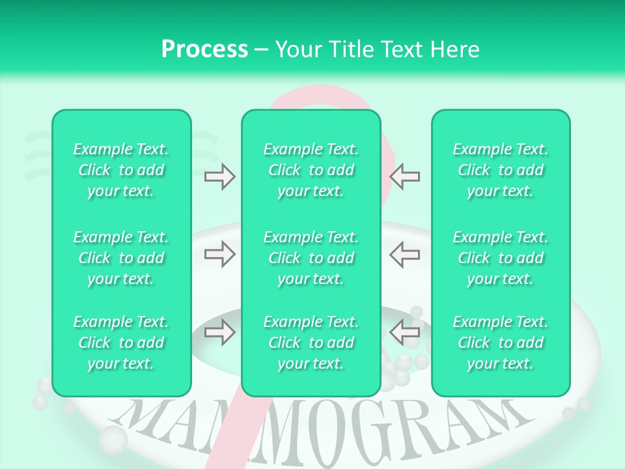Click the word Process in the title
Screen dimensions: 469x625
click(x=204, y=50)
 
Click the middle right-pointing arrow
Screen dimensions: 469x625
click(x=219, y=254)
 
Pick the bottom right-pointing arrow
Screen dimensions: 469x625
click(x=219, y=332)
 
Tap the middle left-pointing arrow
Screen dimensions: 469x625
click(x=405, y=254)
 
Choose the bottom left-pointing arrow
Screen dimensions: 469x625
click(x=405, y=332)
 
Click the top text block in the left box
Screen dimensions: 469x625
click(x=121, y=170)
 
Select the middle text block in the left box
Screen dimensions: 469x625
click(x=121, y=258)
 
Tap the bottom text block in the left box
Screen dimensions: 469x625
click(x=121, y=343)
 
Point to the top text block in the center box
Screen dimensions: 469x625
click(x=311, y=170)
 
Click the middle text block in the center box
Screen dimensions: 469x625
click(x=311, y=258)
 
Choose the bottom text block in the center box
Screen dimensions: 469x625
click(x=311, y=343)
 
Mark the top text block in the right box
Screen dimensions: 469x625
click(x=501, y=170)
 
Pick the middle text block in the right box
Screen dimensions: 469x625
click(x=501, y=258)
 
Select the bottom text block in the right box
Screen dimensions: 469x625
click(x=501, y=343)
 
